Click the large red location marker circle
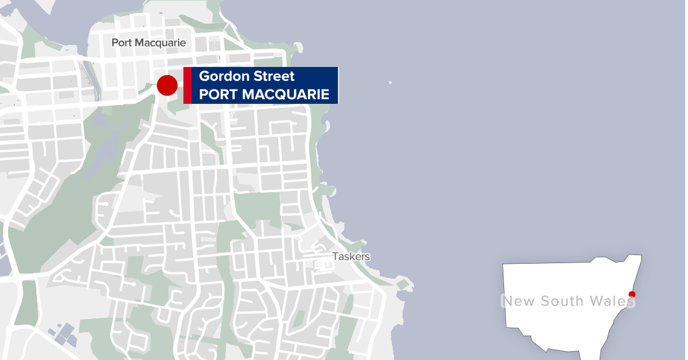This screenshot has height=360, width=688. point(167,85)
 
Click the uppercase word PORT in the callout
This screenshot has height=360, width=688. point(217,95)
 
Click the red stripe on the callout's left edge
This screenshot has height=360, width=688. point(187,85)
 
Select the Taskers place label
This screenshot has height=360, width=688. point(351,257)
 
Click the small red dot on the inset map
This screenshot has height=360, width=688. point(632,295)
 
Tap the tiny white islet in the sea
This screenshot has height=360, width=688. point(390,82)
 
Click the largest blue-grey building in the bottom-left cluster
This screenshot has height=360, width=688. point(68,331)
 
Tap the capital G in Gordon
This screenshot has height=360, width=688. point(204,76)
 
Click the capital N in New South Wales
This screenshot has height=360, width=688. point(507,301)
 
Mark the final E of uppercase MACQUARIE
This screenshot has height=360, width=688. point(325,95)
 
